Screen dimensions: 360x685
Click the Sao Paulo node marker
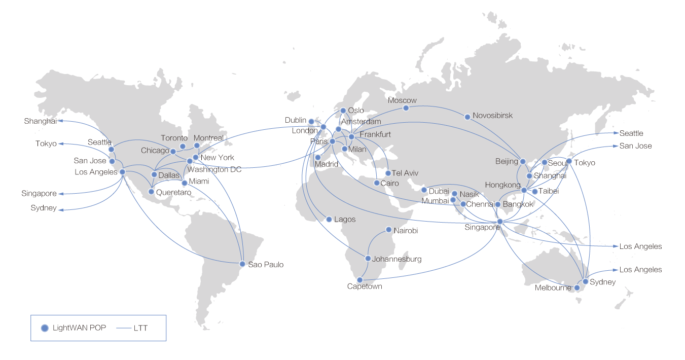(x=242, y=264)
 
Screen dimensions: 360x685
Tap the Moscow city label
(x=402, y=100)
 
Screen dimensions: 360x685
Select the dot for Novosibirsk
(x=467, y=117)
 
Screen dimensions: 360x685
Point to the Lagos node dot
(x=329, y=220)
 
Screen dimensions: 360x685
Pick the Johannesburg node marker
(x=368, y=259)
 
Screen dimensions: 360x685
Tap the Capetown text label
(x=365, y=286)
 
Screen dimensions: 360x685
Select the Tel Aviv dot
(x=388, y=173)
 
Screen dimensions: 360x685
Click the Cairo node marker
(x=376, y=183)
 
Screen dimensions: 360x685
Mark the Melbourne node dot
(x=576, y=287)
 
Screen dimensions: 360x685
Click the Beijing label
(x=507, y=161)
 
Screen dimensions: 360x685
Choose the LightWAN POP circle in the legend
(x=45, y=328)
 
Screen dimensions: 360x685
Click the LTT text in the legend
(x=141, y=329)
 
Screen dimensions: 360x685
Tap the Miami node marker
(x=185, y=183)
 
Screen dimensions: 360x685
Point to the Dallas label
(x=169, y=175)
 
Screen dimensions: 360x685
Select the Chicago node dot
(x=173, y=151)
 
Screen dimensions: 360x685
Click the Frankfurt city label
(x=375, y=134)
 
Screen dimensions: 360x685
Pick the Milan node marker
(x=344, y=149)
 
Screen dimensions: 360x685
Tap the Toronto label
(x=174, y=138)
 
